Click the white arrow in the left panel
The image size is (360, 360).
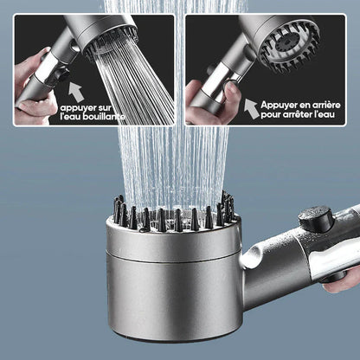click(x=74, y=90)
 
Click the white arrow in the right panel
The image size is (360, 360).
click(x=251, y=107)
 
